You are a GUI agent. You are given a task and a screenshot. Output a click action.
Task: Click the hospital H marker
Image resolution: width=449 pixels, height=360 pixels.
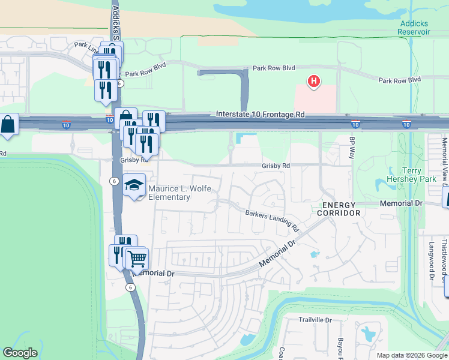[313, 82]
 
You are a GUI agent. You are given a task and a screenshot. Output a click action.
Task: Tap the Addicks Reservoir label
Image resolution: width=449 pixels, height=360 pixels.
[415, 28]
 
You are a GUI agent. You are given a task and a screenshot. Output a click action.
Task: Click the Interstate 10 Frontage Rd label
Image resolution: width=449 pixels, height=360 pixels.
[260, 114]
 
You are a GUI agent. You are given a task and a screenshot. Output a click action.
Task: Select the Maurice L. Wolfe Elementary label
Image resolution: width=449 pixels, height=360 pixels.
[178, 193]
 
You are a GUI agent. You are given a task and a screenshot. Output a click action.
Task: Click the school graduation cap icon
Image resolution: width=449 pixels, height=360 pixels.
[134, 185]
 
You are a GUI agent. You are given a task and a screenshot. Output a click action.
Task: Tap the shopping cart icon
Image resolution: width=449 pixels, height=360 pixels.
[137, 259]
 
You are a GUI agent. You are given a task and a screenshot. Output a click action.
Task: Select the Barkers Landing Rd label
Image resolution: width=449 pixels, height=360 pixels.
[271, 220]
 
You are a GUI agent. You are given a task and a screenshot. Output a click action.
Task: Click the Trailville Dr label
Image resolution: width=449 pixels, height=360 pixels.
[315, 320]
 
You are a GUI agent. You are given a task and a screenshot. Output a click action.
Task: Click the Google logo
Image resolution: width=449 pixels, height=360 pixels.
[20, 353]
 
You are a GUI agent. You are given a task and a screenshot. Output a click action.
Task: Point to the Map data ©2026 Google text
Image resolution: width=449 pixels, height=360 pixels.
[412, 355]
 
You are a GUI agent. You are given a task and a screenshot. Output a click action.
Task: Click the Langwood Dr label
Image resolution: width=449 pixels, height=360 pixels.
[431, 260]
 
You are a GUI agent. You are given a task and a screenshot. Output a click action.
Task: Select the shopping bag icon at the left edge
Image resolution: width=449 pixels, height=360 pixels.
[8, 125]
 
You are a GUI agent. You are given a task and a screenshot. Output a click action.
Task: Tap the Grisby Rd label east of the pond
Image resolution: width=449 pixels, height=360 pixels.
[276, 166]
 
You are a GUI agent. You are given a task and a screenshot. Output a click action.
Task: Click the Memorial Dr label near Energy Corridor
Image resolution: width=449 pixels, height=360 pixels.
[401, 204]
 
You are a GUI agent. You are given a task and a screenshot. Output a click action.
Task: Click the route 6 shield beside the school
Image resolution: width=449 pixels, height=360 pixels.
[113, 181]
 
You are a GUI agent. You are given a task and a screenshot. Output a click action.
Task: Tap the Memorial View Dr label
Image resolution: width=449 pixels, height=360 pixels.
[445, 162]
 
